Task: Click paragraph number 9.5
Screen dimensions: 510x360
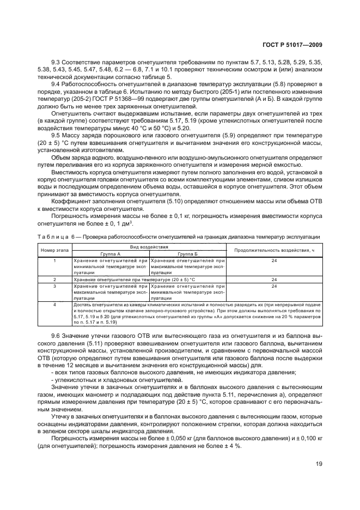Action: pyautogui.click(x=56, y=135)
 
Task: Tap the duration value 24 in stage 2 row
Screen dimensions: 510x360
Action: pyautogui.click(x=274, y=278)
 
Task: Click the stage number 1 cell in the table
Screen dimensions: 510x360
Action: pyautogui.click(x=54, y=260)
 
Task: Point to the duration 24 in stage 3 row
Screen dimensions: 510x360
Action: pyautogui.click(x=274, y=286)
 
